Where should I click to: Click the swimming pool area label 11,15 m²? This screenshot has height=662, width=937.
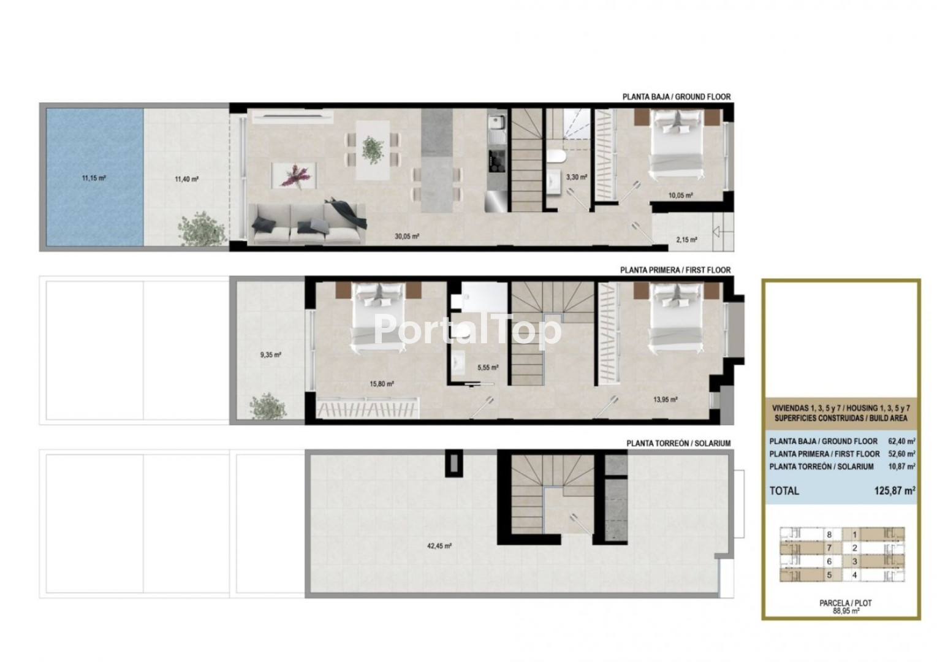point(94,178)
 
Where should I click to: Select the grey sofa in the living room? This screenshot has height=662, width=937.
point(308,223)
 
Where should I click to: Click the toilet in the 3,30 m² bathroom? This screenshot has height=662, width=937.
point(556,156)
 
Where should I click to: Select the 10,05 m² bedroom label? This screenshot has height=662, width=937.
point(681,195)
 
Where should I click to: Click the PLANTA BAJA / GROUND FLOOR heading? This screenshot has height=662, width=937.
point(677,97)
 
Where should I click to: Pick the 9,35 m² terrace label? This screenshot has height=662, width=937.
point(271,355)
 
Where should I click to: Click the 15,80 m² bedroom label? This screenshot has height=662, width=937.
point(382,384)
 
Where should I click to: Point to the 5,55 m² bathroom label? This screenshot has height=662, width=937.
point(488,368)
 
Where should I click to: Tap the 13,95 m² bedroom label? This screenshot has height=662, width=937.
point(666,400)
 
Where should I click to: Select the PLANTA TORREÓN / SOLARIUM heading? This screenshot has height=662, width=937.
point(678,443)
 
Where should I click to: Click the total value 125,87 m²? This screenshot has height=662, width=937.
point(894,490)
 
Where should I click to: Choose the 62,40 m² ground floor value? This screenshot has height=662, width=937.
point(902,441)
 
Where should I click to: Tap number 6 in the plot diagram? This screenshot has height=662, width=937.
point(829,561)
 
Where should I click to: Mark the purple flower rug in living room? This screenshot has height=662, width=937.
point(294,176)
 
